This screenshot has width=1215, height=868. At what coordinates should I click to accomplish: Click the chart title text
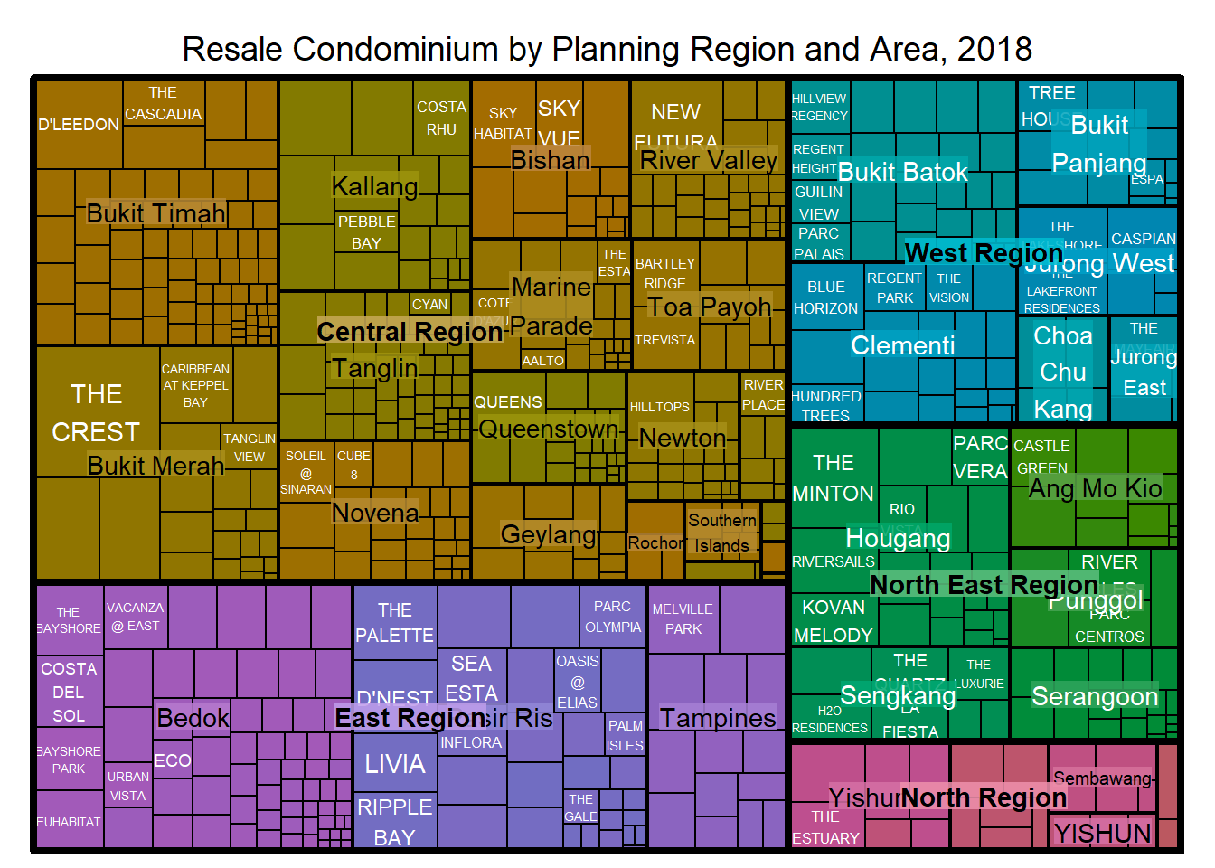click(607, 49)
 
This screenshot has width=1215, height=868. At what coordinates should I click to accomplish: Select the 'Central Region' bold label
click(410, 332)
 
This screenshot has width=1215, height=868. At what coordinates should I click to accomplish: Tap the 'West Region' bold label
click(984, 252)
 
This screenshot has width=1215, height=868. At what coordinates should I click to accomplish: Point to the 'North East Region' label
click(984, 585)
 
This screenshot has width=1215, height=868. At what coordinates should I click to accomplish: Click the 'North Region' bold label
click(984, 797)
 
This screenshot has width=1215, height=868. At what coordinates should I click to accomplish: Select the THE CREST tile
click(97, 412)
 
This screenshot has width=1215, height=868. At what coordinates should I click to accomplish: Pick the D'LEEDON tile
click(79, 124)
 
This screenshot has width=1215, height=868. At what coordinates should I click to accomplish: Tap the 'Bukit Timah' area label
click(155, 213)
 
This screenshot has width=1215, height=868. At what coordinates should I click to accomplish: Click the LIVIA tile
click(395, 764)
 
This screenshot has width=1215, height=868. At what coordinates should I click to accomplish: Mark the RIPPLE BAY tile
click(395, 821)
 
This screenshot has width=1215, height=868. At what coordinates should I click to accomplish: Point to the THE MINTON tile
click(834, 478)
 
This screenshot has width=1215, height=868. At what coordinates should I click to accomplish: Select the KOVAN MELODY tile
click(834, 620)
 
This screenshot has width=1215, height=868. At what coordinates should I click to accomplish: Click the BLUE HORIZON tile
click(826, 297)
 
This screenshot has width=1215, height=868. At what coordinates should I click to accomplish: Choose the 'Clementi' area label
click(902, 345)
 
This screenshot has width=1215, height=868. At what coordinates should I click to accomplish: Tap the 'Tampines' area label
click(717, 718)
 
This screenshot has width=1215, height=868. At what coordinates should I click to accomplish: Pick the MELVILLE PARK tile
click(683, 619)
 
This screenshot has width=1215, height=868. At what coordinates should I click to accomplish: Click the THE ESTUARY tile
click(824, 827)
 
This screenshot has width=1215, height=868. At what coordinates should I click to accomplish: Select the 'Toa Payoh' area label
click(710, 307)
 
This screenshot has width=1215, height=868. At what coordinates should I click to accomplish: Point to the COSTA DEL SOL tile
click(69, 693)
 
